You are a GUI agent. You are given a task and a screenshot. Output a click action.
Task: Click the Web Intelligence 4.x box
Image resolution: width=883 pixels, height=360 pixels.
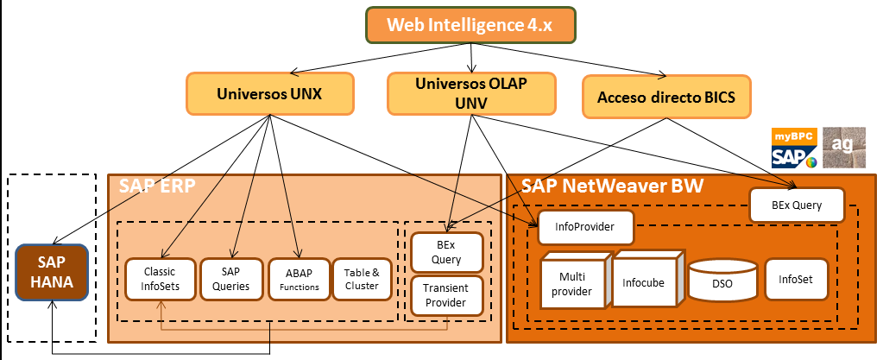[x=471, y=24]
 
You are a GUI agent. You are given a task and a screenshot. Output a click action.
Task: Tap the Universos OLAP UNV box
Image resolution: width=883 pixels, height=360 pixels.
[x=470, y=93]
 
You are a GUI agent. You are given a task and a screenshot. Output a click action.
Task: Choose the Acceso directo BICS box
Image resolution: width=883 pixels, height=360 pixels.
[x=665, y=97]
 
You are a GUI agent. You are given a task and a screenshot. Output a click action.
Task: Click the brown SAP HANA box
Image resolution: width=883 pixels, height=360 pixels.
[x=51, y=272]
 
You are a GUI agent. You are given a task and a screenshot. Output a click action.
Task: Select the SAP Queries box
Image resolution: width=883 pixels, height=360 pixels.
[x=230, y=279]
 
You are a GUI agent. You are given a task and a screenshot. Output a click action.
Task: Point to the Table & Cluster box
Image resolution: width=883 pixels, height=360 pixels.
[x=361, y=279]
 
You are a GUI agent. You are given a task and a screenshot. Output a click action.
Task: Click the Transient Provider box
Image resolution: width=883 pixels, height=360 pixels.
[x=446, y=296]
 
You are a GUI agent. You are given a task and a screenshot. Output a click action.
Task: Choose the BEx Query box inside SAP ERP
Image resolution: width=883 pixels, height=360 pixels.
[x=446, y=252]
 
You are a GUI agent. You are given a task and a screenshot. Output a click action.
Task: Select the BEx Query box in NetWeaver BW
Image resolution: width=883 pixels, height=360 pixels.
[x=795, y=205]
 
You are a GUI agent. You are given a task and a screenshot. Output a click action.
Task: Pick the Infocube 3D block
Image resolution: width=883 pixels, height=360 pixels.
[x=644, y=281]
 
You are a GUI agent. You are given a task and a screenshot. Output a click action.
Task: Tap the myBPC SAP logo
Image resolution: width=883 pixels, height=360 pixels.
[x=793, y=148]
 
